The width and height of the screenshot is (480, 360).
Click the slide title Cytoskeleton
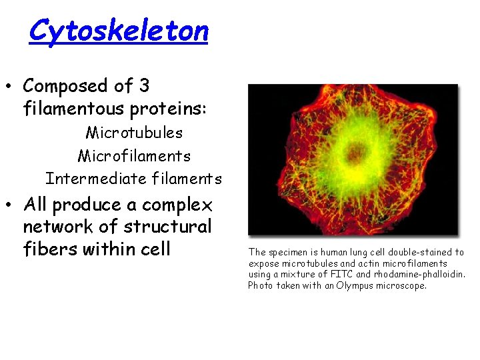(119, 31)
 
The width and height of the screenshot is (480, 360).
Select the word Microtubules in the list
(134, 133)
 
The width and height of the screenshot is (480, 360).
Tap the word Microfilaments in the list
(134, 156)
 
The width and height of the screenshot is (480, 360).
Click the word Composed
(65, 86)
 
